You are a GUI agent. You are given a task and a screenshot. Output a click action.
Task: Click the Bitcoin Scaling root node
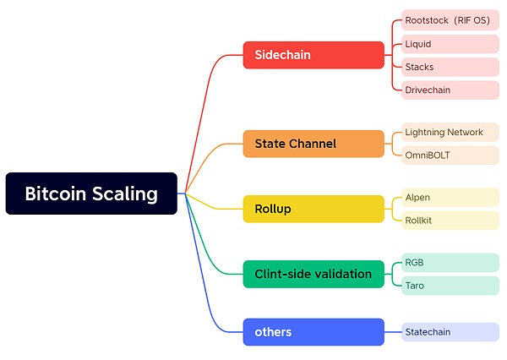click(91, 194)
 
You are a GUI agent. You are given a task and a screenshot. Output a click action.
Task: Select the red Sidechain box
click(313, 55)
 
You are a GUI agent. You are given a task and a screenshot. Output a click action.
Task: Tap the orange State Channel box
click(313, 144)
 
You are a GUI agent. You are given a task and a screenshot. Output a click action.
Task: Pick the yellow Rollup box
click(313, 209)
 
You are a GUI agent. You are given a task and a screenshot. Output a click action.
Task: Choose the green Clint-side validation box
click(313, 274)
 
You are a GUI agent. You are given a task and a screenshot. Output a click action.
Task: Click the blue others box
click(313, 332)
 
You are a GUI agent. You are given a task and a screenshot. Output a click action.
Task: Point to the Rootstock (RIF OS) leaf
click(450, 20)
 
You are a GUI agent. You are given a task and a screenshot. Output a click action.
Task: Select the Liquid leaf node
click(450, 43)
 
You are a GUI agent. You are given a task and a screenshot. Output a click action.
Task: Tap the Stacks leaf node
click(450, 67)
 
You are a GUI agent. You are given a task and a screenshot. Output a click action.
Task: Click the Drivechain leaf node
click(450, 90)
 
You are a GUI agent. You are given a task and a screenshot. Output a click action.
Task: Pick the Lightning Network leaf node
click(450, 132)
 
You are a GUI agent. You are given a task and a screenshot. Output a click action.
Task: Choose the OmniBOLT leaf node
click(450, 155)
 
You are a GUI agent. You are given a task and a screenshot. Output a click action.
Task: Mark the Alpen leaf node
click(450, 197)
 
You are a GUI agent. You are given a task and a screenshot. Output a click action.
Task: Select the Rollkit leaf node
click(450, 220)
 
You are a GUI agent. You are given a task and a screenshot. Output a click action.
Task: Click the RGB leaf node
click(450, 262)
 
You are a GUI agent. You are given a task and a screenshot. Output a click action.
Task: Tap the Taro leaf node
click(450, 286)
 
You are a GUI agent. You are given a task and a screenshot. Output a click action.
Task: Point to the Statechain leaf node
click(450, 332)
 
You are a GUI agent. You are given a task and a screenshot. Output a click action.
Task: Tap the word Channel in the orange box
click(313, 144)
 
